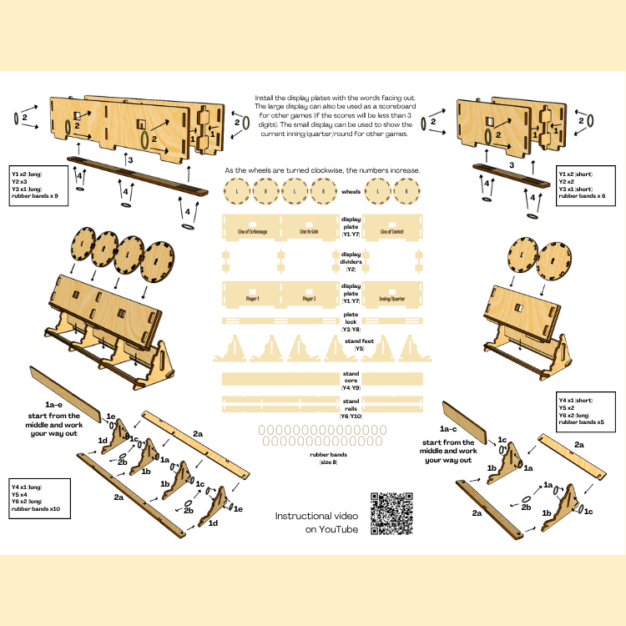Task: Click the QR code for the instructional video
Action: (391, 514)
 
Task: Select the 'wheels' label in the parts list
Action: (351, 191)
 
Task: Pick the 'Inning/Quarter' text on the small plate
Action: (391, 298)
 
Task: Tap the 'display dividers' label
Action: (351, 261)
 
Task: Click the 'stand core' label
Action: (351, 377)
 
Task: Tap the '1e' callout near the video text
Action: (237, 507)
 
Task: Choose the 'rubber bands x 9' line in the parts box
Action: (33, 195)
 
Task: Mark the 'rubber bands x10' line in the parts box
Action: (36, 508)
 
